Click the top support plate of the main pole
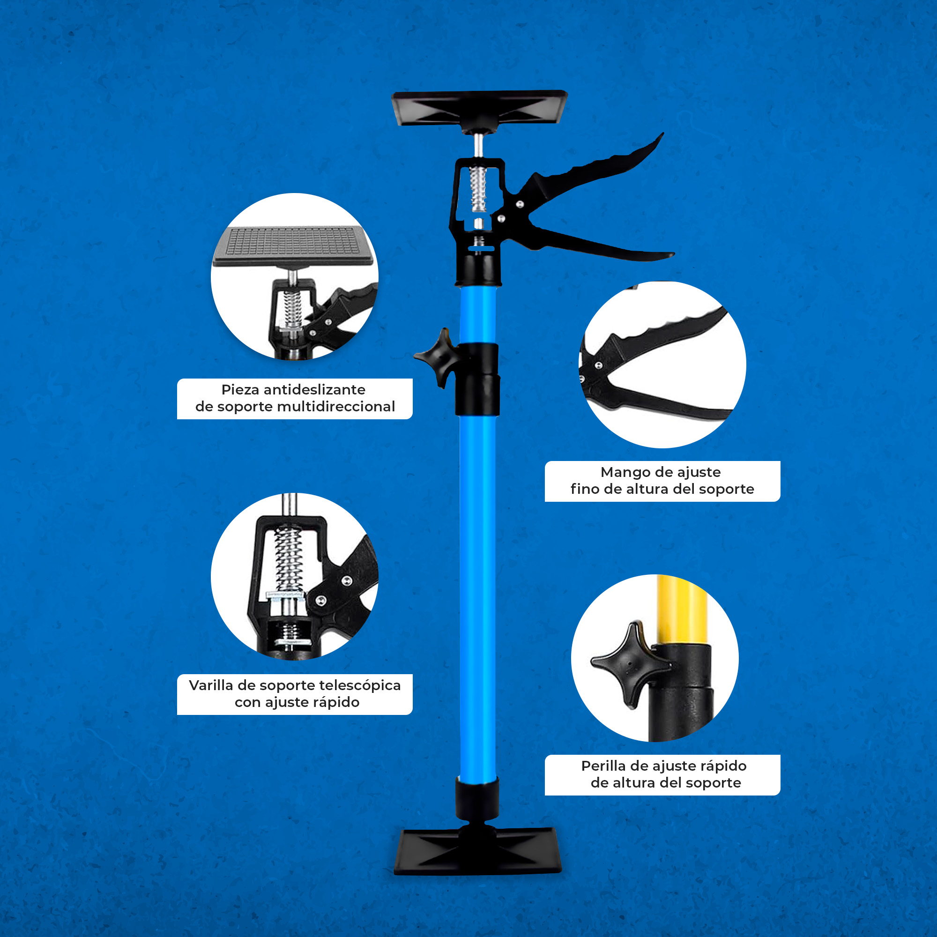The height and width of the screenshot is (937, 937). (x=479, y=108)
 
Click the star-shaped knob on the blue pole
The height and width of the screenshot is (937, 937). (x=437, y=358)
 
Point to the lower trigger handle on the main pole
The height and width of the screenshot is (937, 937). (x=602, y=243)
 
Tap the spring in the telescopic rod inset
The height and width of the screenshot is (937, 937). (x=289, y=559)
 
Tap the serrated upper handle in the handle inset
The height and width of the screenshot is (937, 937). (x=660, y=335)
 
